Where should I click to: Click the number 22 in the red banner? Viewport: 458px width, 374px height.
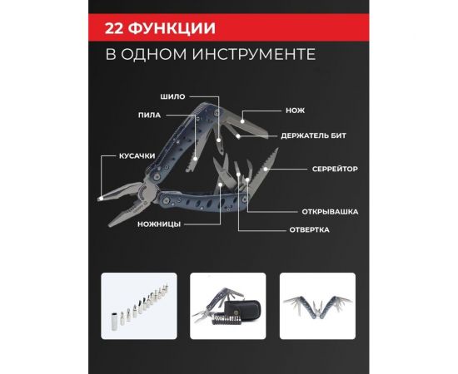[x=117, y=27]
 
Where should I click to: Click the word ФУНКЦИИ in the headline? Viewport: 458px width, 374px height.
[x=175, y=27]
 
